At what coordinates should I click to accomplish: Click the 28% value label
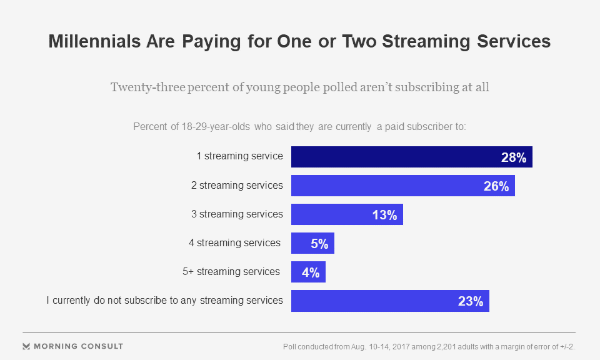pos(514,157)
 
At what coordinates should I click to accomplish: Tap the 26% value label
pos(496,186)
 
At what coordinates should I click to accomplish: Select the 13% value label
pos(384,215)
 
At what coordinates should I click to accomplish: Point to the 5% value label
pos(319,244)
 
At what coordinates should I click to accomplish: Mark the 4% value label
pos(311,272)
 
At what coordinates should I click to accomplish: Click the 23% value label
pos(471,301)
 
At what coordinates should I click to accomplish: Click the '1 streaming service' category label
pos(240,156)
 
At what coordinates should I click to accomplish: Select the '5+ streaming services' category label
pos(231,271)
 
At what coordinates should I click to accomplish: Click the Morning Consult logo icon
pos(26,346)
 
